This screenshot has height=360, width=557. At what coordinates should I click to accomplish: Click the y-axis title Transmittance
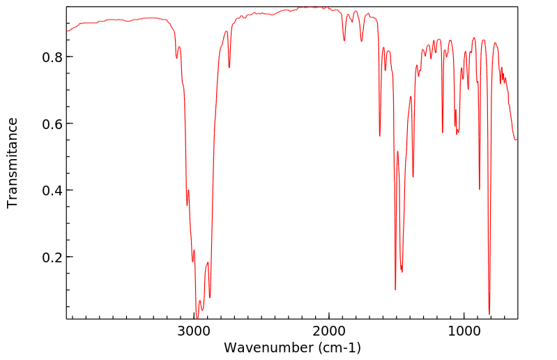click(x=13, y=163)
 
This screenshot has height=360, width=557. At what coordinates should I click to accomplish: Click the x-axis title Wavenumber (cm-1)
click(x=292, y=347)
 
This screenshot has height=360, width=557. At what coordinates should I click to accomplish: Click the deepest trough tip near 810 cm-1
click(x=489, y=314)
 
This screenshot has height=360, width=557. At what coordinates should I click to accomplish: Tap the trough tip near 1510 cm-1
click(x=395, y=290)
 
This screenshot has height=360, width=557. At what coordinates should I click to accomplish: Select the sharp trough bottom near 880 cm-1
click(x=480, y=189)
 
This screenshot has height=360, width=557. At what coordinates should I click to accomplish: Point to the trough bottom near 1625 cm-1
click(x=380, y=136)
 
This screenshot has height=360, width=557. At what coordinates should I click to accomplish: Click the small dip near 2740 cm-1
click(x=229, y=68)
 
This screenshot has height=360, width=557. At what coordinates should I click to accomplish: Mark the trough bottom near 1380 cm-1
click(x=413, y=177)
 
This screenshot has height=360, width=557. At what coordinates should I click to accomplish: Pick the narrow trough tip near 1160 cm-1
click(x=443, y=133)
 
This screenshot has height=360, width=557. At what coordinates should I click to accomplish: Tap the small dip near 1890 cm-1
click(x=344, y=40)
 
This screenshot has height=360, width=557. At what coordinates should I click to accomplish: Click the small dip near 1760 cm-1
click(x=361, y=41)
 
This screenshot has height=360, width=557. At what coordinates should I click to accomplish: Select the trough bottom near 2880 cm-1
click(x=210, y=298)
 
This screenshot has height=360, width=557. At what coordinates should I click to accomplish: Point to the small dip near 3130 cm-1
click(x=176, y=57)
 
